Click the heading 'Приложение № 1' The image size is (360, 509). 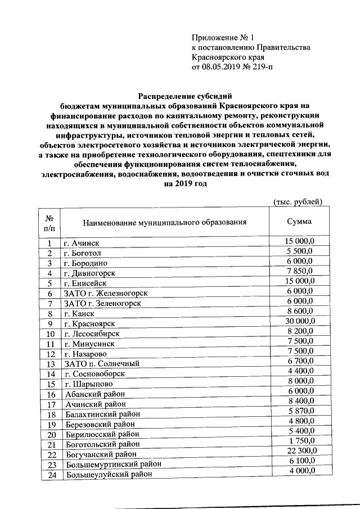pyautogui.click(x=220, y=38)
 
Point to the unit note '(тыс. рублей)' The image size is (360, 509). pyautogui.click(x=297, y=202)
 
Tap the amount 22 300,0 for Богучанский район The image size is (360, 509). pyautogui.click(x=300, y=452)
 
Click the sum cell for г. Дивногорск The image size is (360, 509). pyautogui.click(x=300, y=271)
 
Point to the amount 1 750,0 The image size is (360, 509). pyautogui.click(x=300, y=442)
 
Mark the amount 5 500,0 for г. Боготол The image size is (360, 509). pyautogui.click(x=300, y=250)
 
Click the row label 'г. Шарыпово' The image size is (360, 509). pyautogui.click(x=87, y=384)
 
